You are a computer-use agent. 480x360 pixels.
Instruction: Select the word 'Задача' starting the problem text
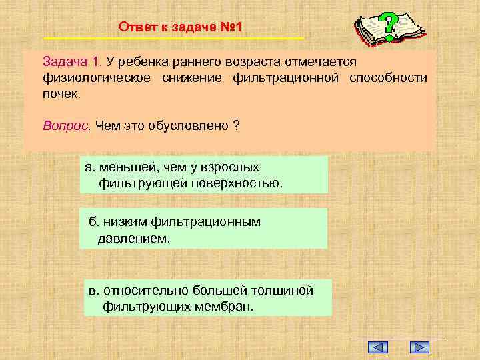[x=65, y=62]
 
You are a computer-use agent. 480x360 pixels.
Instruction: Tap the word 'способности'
[x=388, y=78]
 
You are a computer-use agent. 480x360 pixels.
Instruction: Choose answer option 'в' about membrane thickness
[x=207, y=297]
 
